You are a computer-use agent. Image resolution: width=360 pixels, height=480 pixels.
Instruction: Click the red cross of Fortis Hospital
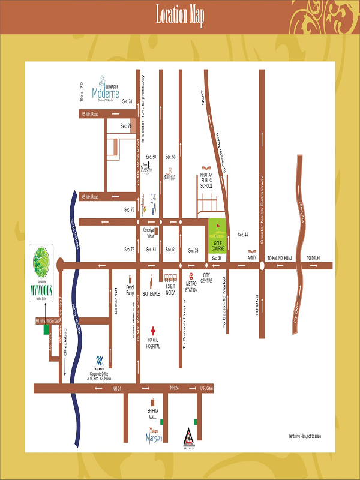[x=153, y=331]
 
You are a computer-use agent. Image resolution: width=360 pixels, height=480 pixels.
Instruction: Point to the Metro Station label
[x=191, y=287]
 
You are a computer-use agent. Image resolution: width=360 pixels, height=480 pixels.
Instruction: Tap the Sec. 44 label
[x=243, y=234]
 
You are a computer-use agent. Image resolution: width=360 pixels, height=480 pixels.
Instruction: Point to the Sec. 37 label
[x=217, y=257]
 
